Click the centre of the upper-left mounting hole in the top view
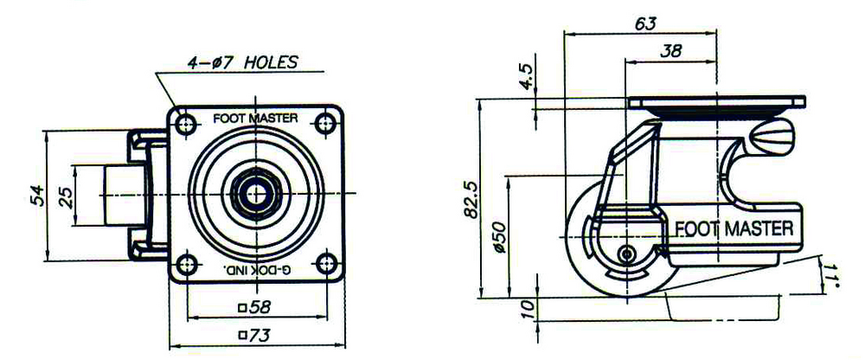point(186,124)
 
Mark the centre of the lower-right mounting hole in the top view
point(327,262)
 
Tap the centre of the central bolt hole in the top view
point(256,194)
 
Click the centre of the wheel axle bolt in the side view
point(626,254)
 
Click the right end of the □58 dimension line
point(326,318)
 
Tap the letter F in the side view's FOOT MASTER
point(681,228)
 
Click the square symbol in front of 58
point(241,308)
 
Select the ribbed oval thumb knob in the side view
point(772,133)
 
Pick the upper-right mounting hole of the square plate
point(326,124)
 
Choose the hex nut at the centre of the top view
point(256,194)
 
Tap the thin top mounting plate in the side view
point(716,101)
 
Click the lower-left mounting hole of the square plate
point(187,262)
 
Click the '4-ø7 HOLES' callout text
point(242,62)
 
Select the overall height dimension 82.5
point(471,199)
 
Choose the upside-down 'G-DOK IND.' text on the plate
point(257,270)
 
